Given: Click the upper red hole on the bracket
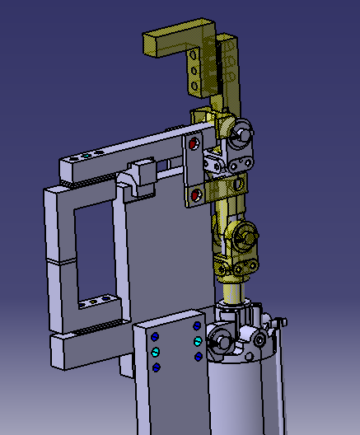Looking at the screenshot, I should tap(194, 144).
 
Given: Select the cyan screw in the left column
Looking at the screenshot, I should tap(155, 352).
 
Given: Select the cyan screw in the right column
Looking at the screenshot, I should tap(198, 341).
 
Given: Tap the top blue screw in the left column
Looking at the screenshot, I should tap(155, 337).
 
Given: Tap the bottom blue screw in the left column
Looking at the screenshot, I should tap(156, 367).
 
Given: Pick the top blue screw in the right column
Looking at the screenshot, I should tap(198, 326).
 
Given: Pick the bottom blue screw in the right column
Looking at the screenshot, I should tap(198, 356).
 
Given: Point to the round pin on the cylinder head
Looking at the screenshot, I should tap(220, 341).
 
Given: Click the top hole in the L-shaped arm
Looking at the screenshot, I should tap(194, 58).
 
